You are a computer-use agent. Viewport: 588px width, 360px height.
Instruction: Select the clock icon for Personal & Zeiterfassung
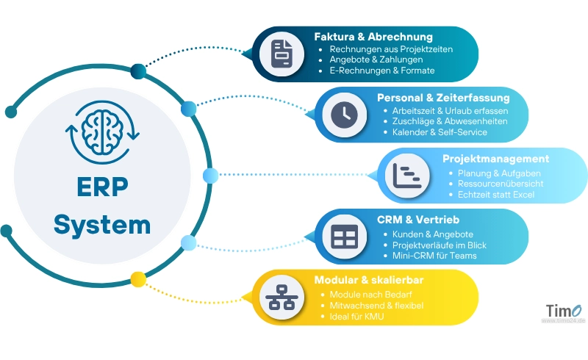coord(343,114)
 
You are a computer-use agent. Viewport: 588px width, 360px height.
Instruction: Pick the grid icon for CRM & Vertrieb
coord(343,236)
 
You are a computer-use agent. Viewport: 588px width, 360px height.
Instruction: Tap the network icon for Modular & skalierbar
coord(282,297)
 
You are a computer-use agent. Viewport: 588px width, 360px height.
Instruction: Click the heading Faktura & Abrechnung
coord(373,36)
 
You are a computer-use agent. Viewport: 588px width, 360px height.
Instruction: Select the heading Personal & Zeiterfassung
coord(442,97)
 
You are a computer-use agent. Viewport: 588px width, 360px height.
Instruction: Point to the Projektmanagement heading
coord(495,158)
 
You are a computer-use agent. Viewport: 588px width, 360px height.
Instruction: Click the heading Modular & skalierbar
coord(368,280)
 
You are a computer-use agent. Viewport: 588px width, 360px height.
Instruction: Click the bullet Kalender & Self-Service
coord(440,132)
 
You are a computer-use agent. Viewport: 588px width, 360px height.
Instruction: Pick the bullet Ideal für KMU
coord(357,316)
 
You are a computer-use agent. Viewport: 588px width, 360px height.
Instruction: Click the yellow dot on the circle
coord(137,278)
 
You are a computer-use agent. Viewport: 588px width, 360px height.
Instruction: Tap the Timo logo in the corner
coord(562,312)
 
